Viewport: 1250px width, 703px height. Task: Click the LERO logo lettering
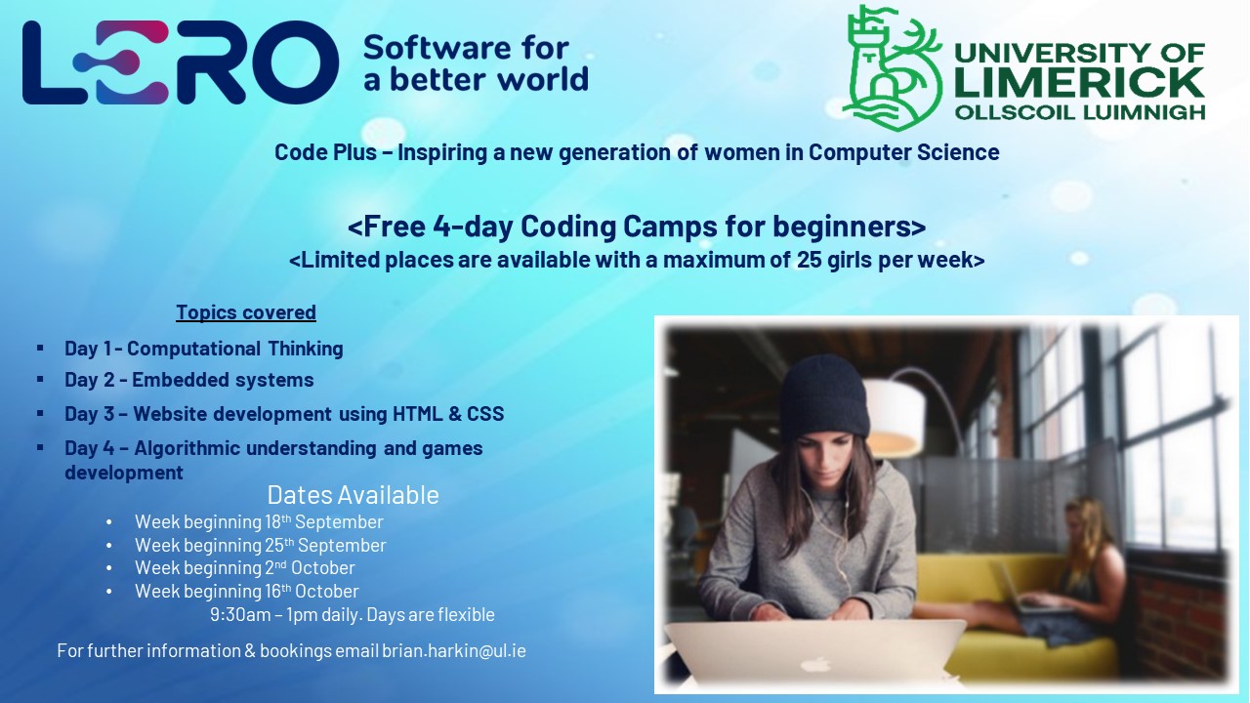(181, 63)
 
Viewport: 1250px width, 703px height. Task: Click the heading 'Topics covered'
(246, 312)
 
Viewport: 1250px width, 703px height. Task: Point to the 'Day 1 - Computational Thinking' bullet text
(203, 349)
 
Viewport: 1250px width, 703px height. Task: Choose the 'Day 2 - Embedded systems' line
(188, 380)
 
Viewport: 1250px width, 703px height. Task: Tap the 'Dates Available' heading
(353, 495)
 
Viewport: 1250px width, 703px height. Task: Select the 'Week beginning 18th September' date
(259, 522)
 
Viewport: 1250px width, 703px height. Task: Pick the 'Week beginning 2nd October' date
(244, 568)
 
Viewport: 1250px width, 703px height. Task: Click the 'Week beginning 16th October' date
(246, 592)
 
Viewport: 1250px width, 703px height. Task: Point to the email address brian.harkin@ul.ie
(454, 650)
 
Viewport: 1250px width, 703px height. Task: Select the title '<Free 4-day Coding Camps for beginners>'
(637, 227)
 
